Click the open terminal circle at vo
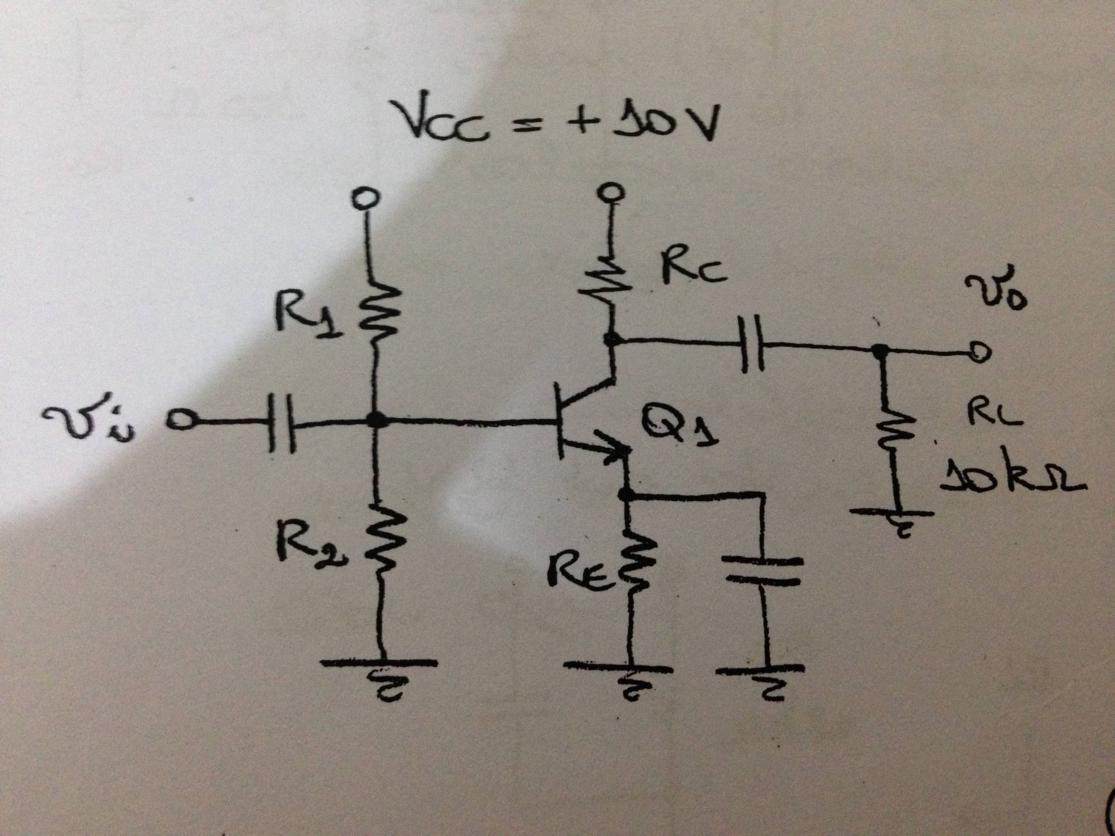[978, 353]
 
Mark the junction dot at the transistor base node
[375, 419]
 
